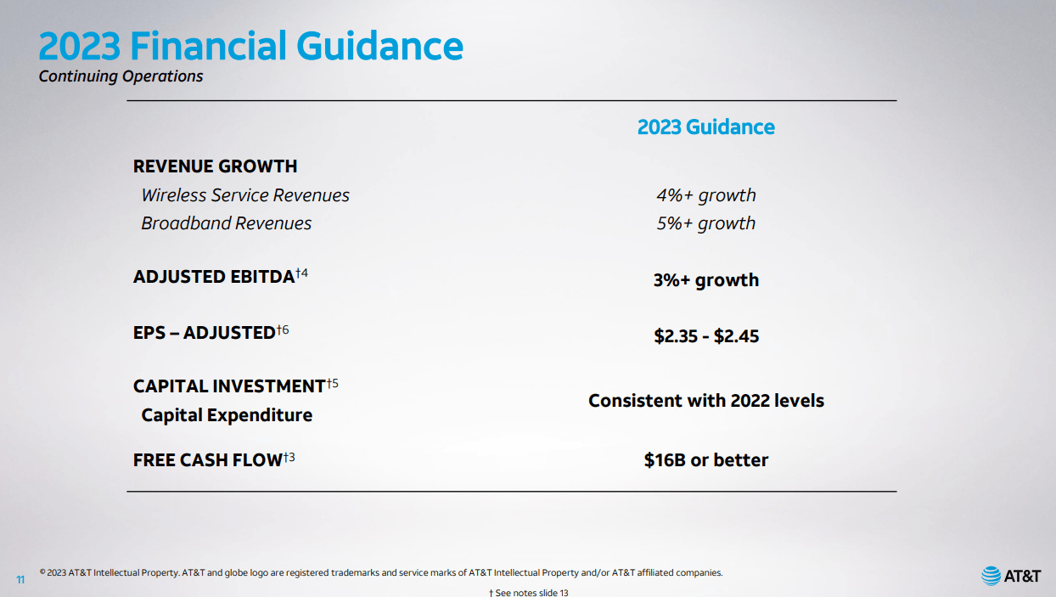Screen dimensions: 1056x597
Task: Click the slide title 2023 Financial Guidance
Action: click(x=250, y=46)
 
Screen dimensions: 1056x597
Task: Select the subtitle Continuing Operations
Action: click(x=121, y=76)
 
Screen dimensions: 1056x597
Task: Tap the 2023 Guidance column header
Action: click(x=705, y=127)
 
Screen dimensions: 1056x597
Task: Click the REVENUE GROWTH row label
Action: click(x=215, y=166)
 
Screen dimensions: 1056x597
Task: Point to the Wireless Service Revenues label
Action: click(x=245, y=194)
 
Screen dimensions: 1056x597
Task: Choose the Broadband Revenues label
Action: click(x=227, y=223)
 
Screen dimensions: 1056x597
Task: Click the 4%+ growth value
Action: click(x=706, y=195)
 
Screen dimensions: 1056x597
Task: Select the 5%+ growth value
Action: click(x=706, y=223)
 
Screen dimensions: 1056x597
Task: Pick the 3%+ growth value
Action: click(x=706, y=280)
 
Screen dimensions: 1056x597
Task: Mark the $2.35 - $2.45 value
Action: click(x=706, y=336)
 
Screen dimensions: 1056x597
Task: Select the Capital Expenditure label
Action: click(x=227, y=415)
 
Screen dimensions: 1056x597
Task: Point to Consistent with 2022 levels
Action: click(x=706, y=400)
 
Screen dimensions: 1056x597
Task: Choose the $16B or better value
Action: click(x=706, y=459)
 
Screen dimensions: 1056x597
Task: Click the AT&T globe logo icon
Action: click(x=991, y=576)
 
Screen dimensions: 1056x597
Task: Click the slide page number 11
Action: click(x=20, y=579)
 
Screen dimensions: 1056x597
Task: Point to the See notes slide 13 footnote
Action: click(x=529, y=592)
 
